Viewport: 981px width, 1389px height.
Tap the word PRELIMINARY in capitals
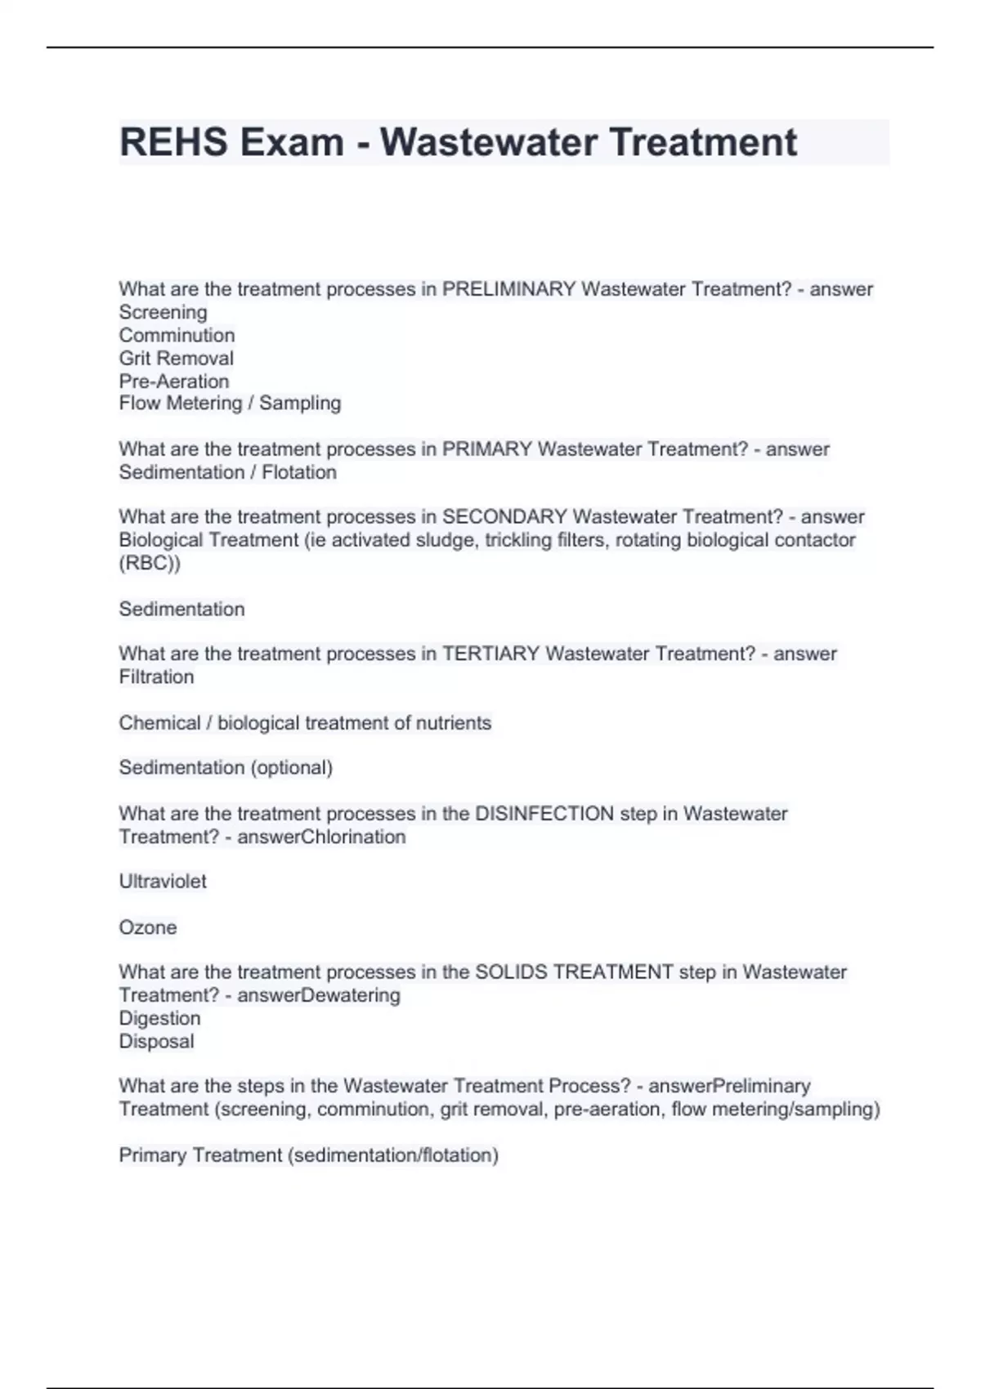[508, 289]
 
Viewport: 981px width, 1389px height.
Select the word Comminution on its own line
[177, 335]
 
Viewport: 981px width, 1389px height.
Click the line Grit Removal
[177, 358]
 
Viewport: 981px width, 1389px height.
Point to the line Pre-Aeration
[174, 381]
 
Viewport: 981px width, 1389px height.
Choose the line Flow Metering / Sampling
[230, 403]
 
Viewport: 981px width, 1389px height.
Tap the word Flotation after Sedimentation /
[299, 472]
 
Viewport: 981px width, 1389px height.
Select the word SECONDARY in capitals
[504, 516]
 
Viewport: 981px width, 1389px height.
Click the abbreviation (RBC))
[150, 563]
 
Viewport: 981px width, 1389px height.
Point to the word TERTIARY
[490, 654]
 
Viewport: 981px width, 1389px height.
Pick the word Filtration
[156, 677]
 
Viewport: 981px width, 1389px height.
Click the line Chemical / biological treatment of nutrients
[305, 723]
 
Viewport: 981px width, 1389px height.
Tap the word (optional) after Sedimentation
[291, 767]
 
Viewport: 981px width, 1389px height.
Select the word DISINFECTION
[544, 814]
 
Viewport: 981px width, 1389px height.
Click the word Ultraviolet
[163, 882]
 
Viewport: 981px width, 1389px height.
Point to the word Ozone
[148, 927]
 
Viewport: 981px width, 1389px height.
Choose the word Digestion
[159, 1018]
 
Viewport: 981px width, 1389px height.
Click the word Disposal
[156, 1041]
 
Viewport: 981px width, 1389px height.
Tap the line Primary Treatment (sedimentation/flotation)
[308, 1155]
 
